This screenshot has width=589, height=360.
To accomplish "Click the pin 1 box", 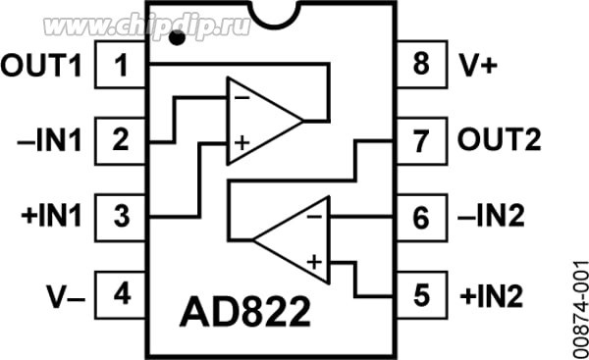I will coord(122,68).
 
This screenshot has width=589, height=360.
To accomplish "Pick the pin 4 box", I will coord(122,292).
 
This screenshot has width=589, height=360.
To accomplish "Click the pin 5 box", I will coord(421,292).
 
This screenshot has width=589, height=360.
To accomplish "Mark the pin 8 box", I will coord(421,68).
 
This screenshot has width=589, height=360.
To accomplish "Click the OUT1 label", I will coord(43,68).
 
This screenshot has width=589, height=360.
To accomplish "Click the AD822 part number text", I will coord(243,313).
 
